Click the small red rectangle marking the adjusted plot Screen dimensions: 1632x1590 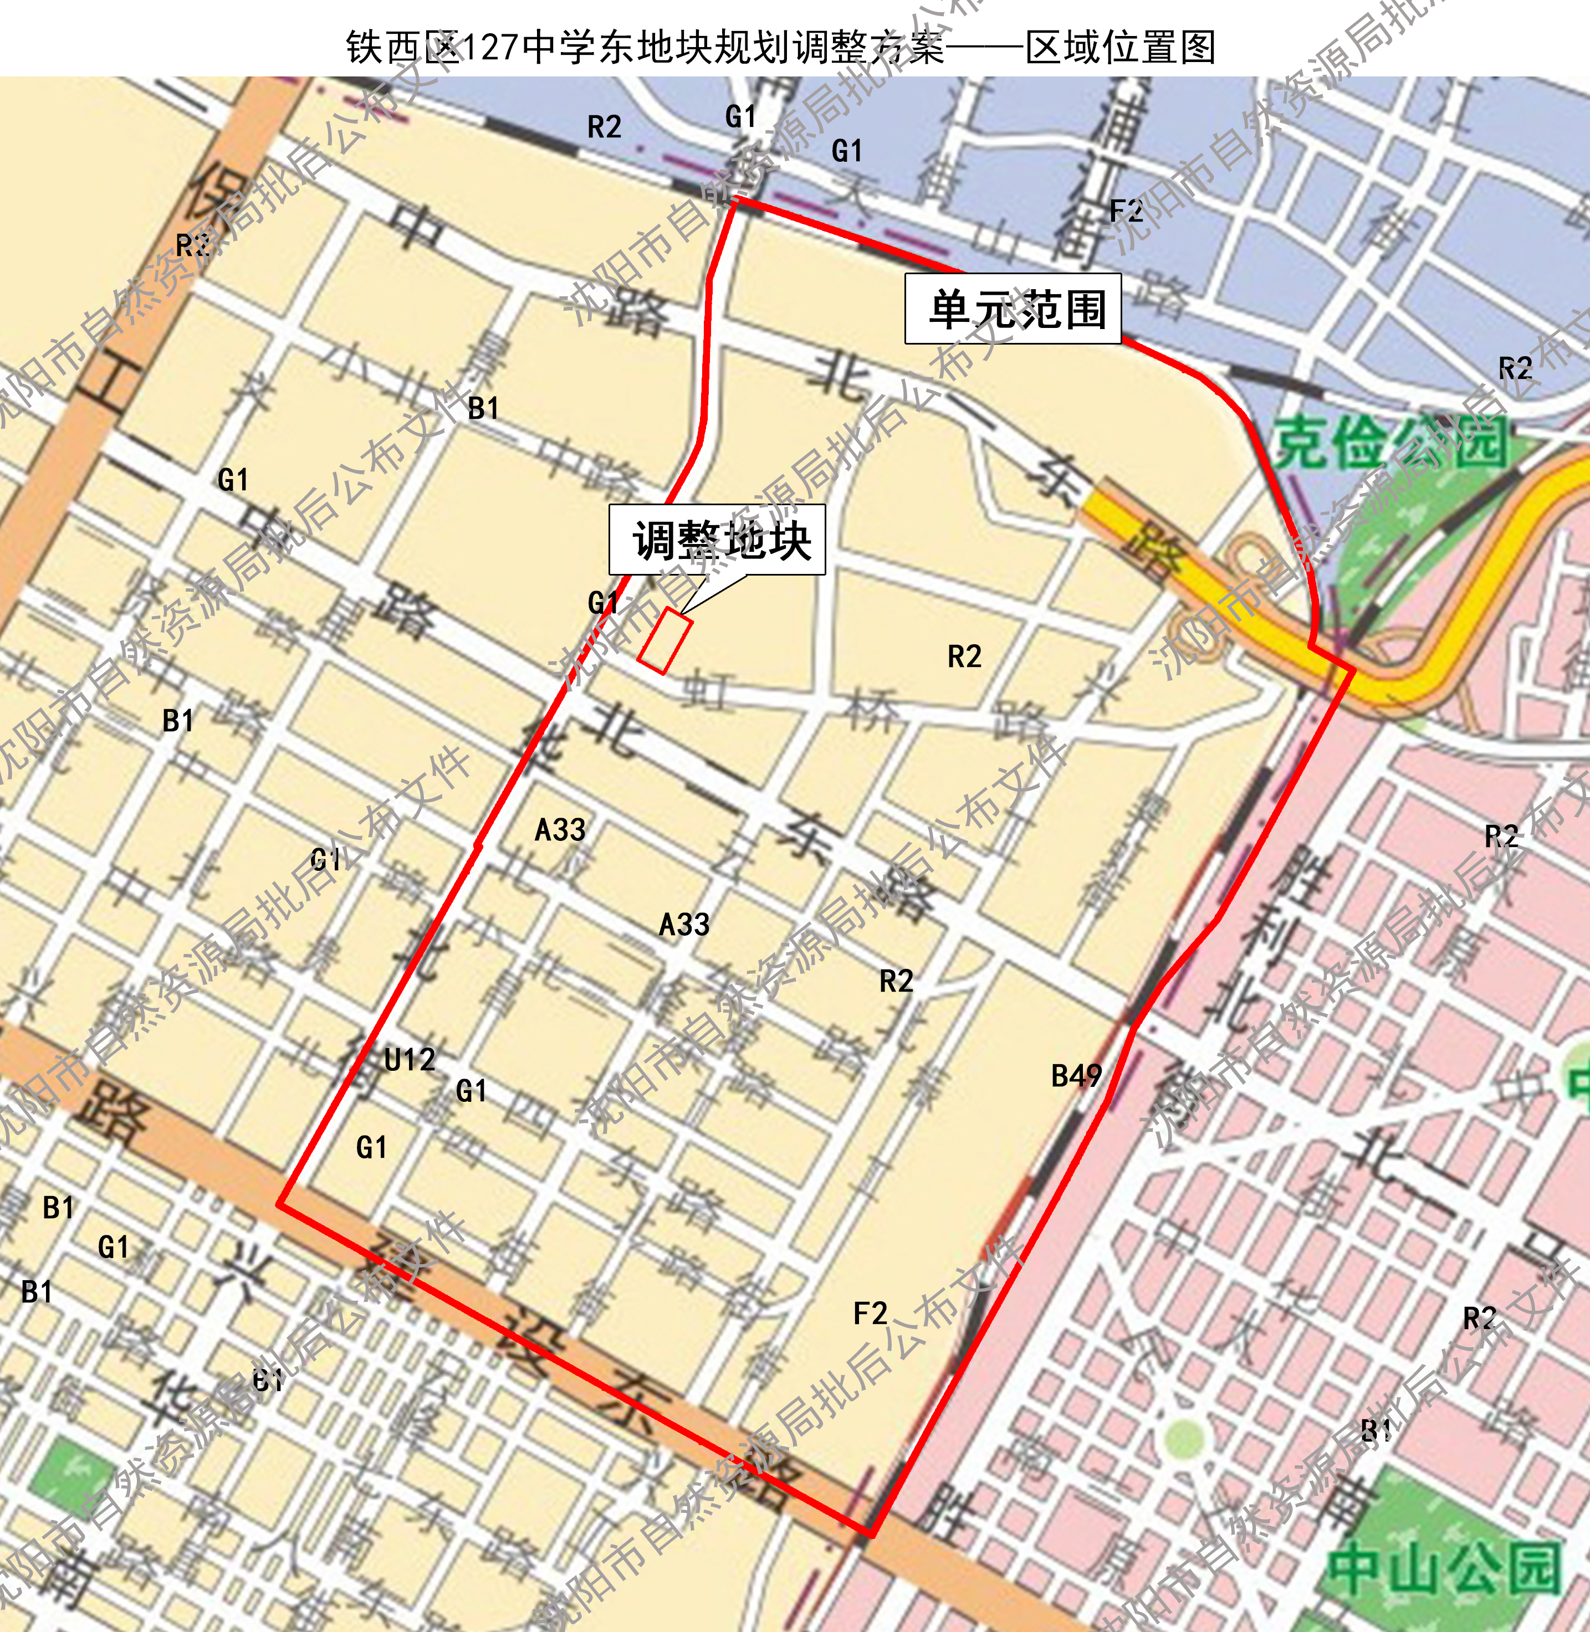(664, 640)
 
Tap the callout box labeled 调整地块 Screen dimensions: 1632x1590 (717, 540)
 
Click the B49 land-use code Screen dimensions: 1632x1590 (1076, 1075)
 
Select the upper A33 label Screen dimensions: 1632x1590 (560, 830)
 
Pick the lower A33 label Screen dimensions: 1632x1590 (684, 924)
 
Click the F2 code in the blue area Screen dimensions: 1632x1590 (1126, 211)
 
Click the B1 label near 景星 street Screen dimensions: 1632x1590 (483, 408)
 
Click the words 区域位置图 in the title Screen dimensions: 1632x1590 (1120, 48)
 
